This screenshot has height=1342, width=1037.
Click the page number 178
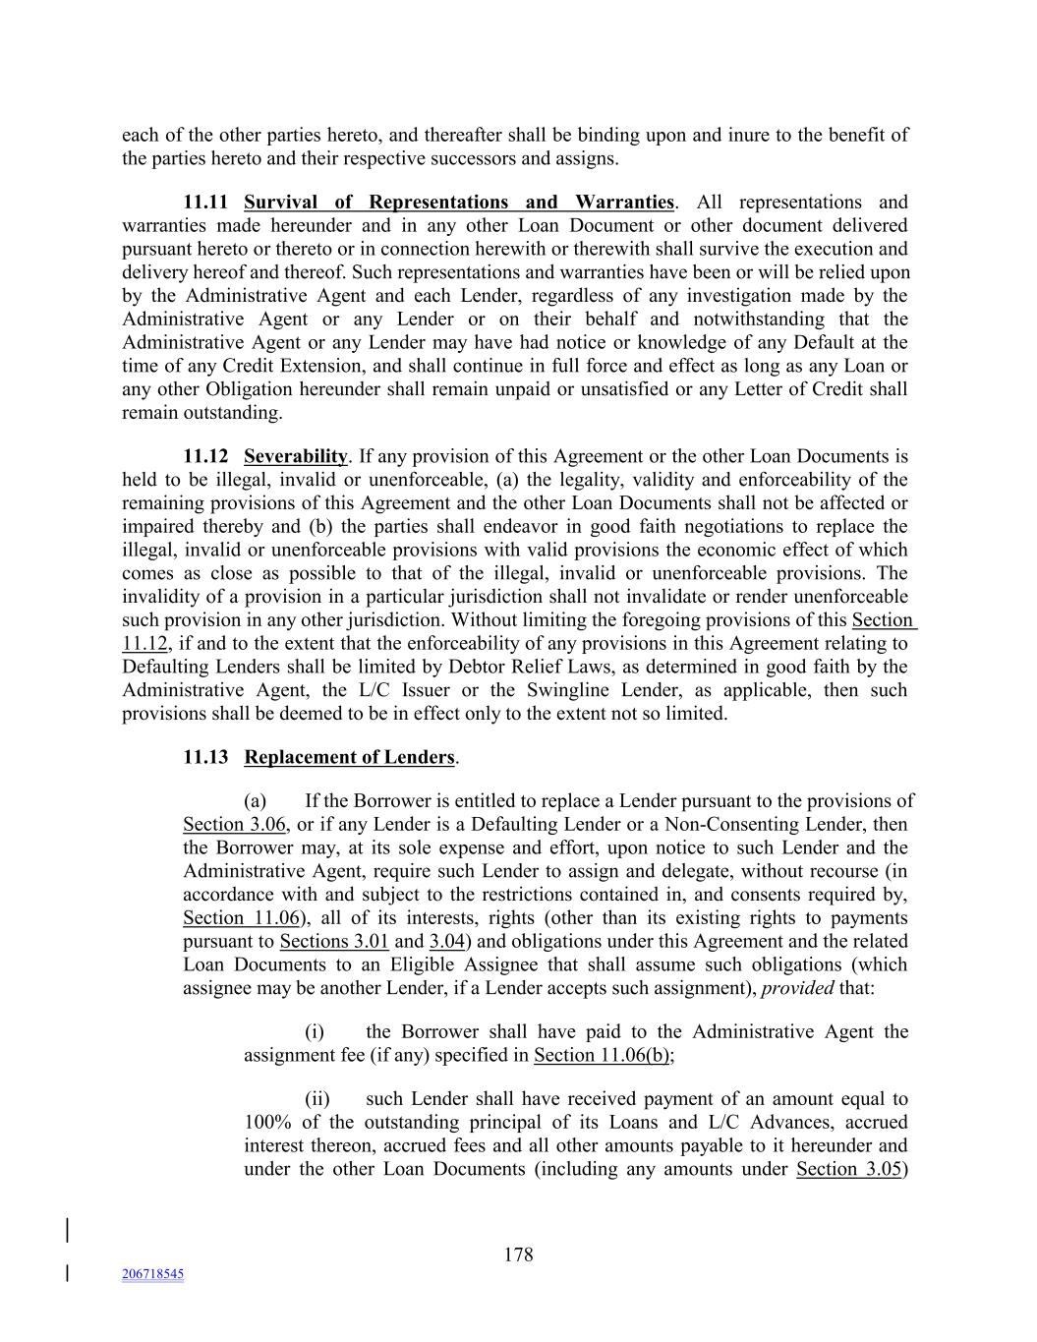(x=518, y=1254)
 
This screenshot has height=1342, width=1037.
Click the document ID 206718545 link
(x=152, y=1274)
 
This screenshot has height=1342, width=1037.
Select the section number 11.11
(x=205, y=203)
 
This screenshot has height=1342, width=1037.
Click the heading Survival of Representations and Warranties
(x=458, y=203)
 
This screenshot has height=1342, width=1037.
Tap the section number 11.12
(x=205, y=456)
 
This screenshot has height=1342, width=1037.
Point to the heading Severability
(x=295, y=456)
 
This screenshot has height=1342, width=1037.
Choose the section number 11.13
(x=205, y=757)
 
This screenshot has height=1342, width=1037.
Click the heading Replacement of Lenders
(x=349, y=757)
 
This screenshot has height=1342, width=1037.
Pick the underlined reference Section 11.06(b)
(x=602, y=1056)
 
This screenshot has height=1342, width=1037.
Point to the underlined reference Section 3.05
(x=849, y=1169)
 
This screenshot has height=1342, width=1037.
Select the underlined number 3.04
(x=446, y=942)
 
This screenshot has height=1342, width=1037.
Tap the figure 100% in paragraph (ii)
(x=266, y=1123)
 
